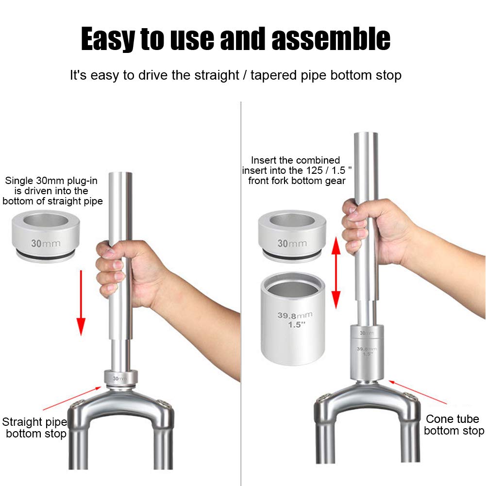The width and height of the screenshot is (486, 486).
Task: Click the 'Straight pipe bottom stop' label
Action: (x=35, y=427)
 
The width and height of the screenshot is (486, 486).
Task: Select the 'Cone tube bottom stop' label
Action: (x=452, y=425)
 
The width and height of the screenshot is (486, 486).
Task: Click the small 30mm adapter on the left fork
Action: (x=119, y=377)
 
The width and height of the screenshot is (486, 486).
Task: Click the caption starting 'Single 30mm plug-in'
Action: (x=52, y=191)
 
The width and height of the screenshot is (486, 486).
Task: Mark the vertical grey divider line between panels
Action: (x=241, y=291)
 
